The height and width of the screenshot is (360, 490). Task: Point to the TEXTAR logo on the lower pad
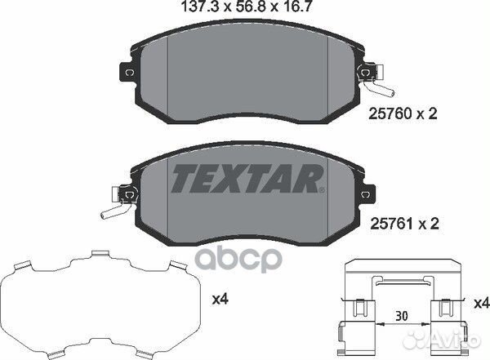245,177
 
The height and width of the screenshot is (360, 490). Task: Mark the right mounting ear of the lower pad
363,193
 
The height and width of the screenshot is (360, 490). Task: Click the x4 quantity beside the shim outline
220,299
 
